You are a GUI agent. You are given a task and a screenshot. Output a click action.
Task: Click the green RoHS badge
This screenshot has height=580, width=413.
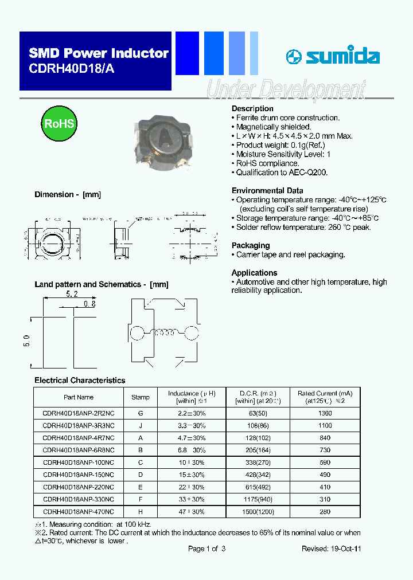tap(59, 124)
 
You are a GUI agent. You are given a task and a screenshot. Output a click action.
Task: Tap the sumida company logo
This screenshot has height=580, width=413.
tap(333, 56)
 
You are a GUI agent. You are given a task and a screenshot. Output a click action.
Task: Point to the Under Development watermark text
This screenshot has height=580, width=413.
tap(285, 91)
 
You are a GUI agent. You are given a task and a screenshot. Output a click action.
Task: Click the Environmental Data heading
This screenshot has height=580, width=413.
tap(267, 190)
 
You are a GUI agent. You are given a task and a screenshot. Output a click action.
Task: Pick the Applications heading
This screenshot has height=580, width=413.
tap(254, 273)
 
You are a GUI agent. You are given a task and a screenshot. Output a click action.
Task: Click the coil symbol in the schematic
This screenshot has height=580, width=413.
tap(165, 332)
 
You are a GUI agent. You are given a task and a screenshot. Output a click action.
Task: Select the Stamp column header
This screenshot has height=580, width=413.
tap(141, 397)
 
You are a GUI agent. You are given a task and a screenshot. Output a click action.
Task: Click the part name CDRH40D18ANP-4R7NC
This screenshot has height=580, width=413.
tap(79, 438)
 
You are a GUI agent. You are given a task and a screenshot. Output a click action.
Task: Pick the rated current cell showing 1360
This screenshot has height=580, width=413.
tap(325, 413)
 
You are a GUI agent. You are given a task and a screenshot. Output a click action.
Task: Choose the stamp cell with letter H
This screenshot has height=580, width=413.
tap(141, 511)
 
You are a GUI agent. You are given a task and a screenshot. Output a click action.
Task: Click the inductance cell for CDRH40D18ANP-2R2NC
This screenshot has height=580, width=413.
tap(192, 413)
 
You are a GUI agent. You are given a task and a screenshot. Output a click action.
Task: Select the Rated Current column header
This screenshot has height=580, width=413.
tap(325, 397)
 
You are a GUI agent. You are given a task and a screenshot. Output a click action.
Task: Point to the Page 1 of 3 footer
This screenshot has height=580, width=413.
tap(206, 548)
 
